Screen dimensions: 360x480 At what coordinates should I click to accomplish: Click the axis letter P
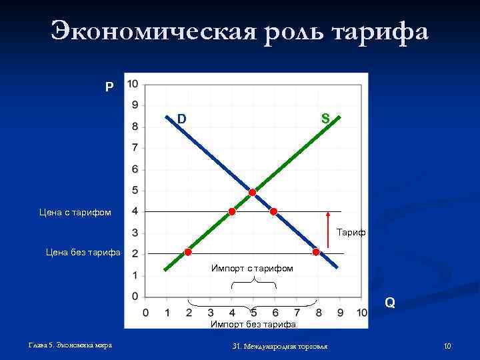(109, 87)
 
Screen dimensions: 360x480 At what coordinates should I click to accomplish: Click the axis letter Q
(390, 303)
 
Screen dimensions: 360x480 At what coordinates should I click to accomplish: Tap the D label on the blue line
(181, 119)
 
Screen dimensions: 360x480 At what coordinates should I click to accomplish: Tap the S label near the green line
(325, 119)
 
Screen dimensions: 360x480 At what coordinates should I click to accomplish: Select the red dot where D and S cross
(253, 192)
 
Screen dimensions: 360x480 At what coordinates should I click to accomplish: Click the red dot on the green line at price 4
(231, 212)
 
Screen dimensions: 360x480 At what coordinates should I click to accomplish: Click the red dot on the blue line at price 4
(273, 212)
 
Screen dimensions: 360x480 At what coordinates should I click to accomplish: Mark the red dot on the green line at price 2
(188, 252)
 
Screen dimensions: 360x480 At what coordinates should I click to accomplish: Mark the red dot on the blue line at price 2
(316, 252)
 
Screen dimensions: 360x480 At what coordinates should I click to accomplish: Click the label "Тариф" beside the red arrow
(351, 233)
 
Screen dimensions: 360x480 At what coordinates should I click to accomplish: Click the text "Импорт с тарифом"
(252, 268)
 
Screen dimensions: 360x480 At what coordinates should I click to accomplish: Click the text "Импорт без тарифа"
(253, 325)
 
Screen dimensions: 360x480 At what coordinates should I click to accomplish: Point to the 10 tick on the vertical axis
(133, 84)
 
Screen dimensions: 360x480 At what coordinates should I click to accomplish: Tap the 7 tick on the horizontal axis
(297, 313)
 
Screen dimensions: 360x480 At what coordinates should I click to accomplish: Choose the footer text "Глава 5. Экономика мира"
(70, 345)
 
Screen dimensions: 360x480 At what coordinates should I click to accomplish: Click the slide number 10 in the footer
(447, 346)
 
